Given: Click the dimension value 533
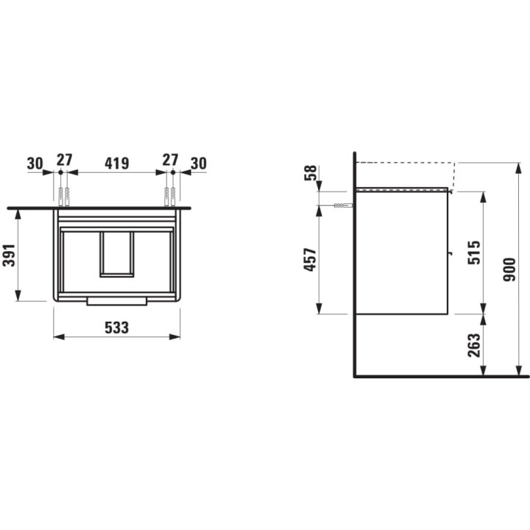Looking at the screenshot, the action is point(116,328).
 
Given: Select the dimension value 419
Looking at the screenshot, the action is point(116,163).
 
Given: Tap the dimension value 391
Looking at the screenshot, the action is point(9,255).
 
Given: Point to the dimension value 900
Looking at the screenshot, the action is point(509,269).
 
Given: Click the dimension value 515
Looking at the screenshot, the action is point(473,252).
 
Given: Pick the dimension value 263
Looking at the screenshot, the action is point(473,345).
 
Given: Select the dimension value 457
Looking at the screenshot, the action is point(310,260).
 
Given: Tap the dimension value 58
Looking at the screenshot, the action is point(311,173).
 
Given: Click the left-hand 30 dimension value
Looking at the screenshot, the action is point(35,163).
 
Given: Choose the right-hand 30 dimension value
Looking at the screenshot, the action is point(199,163).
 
